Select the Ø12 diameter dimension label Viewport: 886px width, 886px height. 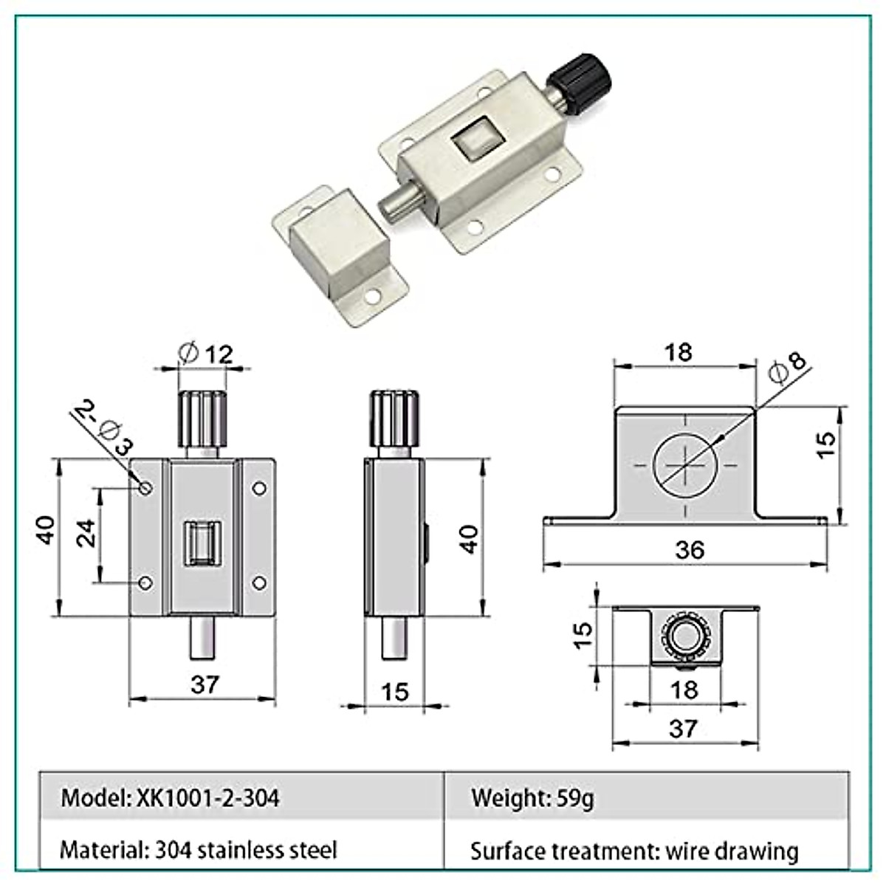pos(206,354)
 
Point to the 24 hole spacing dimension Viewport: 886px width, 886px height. pos(86,532)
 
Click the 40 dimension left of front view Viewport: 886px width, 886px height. pos(47,530)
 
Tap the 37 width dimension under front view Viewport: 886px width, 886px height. pos(205,684)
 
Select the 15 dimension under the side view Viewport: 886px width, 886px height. pos(396,692)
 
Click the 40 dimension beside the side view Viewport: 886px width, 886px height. pos(470,538)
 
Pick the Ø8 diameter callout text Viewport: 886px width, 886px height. pos(787,366)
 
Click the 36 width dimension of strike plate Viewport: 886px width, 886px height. pos(689,549)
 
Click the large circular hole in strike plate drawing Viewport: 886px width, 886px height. pos(684,465)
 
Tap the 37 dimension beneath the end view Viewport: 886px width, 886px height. pos(683,728)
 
